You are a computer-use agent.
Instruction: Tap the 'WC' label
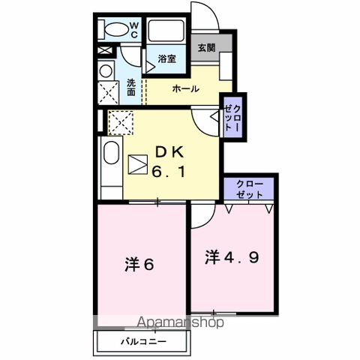point(133,29)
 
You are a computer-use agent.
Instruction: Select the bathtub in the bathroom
point(164,31)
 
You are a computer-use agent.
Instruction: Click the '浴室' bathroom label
point(167,58)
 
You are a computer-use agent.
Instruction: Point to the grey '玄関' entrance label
point(205,47)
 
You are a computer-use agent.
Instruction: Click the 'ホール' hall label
point(186,88)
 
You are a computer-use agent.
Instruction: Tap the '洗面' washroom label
point(131,87)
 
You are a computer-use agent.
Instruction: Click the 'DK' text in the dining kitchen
point(168,152)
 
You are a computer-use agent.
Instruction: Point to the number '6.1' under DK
point(169,172)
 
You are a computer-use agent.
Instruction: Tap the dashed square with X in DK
point(121,121)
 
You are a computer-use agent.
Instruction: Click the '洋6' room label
point(140,264)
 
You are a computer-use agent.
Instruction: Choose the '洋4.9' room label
point(233,257)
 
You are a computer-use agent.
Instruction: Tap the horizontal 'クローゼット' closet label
point(250,188)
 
